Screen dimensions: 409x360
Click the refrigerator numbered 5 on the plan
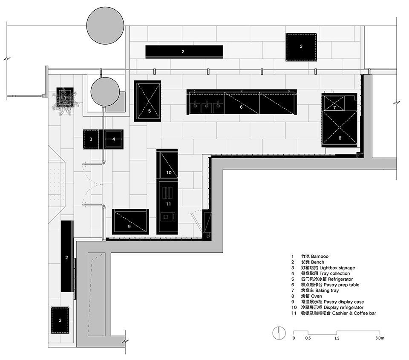[147, 101]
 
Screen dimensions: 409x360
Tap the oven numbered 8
[340, 129]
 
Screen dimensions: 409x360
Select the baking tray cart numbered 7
[334, 103]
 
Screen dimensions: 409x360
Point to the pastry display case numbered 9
[130, 222]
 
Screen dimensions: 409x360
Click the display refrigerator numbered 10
[167, 164]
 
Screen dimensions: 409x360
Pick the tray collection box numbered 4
[114, 139]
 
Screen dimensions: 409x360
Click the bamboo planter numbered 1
[65, 98]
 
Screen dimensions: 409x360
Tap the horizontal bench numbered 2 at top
[184, 52]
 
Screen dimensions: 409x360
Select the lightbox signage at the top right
[301, 47]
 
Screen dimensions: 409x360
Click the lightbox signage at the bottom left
[60, 320]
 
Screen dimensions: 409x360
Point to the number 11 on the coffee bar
[168, 204]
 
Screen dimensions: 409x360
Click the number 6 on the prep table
[241, 107]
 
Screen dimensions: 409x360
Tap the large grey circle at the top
[105, 26]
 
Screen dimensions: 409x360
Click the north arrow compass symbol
[279, 333]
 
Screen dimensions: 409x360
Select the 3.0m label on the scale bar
[380, 338]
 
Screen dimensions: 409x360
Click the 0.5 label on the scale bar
[308, 338]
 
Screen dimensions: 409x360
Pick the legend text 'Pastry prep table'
[341, 285]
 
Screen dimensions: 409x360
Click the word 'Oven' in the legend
[317, 296]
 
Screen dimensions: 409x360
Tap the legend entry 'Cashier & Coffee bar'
[354, 313]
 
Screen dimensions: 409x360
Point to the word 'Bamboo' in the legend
[320, 256]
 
